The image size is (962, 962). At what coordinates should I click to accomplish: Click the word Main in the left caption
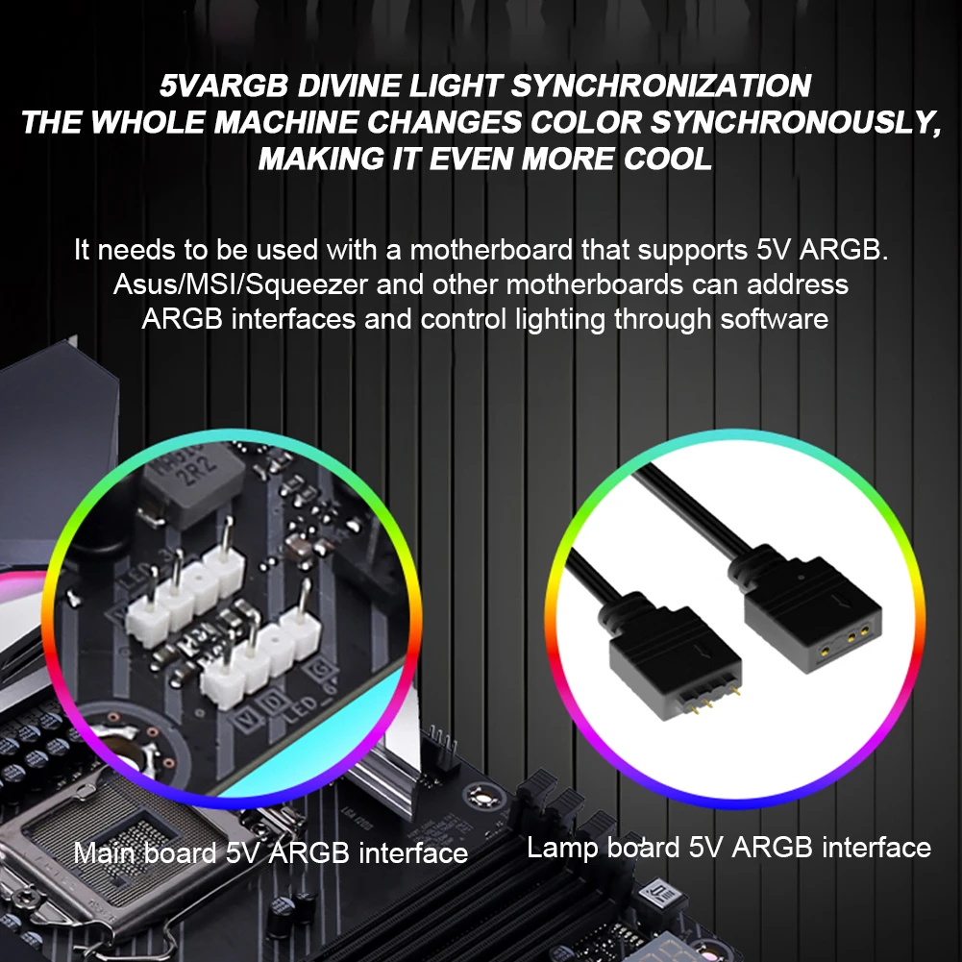107,852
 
